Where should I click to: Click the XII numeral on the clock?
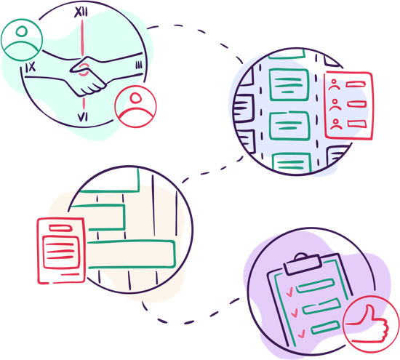coord(81,12)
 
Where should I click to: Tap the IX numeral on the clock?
coord(31,67)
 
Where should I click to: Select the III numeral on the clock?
coord(139,65)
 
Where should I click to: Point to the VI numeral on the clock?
coord(83,117)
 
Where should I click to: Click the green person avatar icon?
coord(22,39)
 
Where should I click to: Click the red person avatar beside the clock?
coord(135,107)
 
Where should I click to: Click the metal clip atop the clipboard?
coord(303,265)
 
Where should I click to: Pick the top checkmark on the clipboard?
coord(289,292)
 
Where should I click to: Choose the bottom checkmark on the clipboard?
coord(301,334)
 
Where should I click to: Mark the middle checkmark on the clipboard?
coord(295,313)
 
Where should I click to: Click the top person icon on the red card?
coord(335,84)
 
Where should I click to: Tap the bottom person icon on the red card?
coord(336,124)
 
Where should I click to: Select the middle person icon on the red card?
coord(335,105)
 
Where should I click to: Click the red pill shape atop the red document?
coord(60,228)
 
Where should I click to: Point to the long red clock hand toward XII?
coord(82,38)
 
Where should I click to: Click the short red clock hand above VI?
coord(84,103)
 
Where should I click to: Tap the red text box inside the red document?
coord(60,252)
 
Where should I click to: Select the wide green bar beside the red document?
coord(132,254)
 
